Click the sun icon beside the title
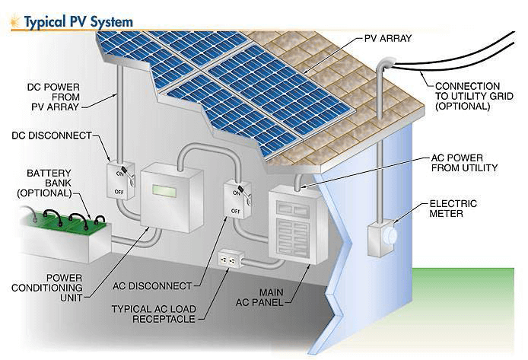[x=15, y=21]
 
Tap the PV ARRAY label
[x=388, y=38]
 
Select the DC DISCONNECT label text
[x=52, y=135]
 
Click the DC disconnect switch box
[x=120, y=181]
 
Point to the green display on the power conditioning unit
[x=164, y=190]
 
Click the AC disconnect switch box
[x=237, y=199]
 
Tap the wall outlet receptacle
[x=231, y=259]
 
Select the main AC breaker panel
[x=297, y=225]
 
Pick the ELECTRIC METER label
[x=453, y=209]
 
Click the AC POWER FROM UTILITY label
[x=464, y=163]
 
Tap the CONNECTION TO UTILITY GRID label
[x=474, y=97]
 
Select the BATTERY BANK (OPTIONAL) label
[x=44, y=183]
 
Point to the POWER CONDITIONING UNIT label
[x=47, y=288]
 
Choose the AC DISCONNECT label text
[x=152, y=286]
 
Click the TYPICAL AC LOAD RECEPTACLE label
[x=154, y=314]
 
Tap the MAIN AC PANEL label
[x=259, y=298]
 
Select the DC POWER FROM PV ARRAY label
[x=54, y=97]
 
